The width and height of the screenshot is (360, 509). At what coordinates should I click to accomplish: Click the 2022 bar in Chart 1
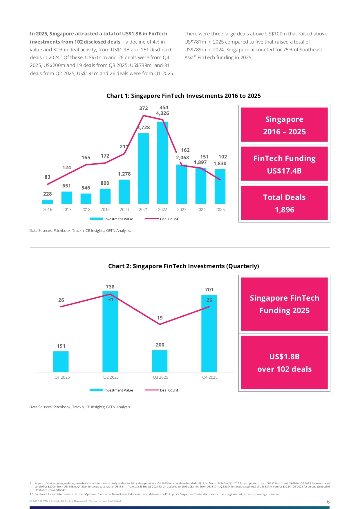point(162,163)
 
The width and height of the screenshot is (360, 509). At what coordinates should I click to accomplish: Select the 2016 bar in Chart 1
point(48,202)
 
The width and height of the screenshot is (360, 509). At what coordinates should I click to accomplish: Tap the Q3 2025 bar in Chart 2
point(160,361)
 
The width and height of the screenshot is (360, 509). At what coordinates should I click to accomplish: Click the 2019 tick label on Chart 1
point(105,210)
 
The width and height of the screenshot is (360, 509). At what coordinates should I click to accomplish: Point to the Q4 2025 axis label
point(210,377)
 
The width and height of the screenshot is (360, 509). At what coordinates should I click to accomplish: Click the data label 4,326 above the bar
point(162,113)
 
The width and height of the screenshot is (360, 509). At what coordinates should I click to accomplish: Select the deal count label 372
point(143,108)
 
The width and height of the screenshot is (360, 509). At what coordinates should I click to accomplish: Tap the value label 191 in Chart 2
point(61,346)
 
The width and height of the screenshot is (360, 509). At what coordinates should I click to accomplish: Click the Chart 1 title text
point(183,96)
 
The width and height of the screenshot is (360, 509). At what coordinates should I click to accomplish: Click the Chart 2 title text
point(183,266)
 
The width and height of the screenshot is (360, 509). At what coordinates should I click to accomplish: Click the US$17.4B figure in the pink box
point(284,171)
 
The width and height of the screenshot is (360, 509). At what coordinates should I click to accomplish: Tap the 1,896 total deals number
point(284,210)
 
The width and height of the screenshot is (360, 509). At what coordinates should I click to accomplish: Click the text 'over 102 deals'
point(284,369)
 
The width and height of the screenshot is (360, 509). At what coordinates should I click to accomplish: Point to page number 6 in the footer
point(328,502)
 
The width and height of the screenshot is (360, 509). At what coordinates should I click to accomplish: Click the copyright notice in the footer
point(75,501)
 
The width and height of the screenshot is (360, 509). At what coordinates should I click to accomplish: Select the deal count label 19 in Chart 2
point(160,318)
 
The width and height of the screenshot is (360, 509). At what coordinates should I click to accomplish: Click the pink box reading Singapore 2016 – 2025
point(284,125)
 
